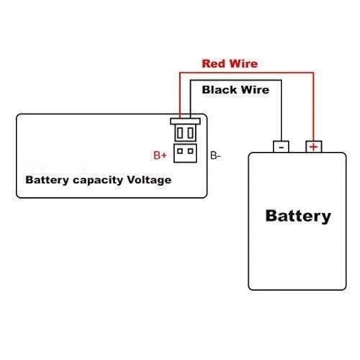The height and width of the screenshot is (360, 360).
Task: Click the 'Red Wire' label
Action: pyautogui.click(x=229, y=63)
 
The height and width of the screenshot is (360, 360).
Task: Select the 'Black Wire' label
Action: pyautogui.click(x=235, y=90)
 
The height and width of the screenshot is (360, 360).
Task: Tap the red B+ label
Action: pyautogui.click(x=160, y=155)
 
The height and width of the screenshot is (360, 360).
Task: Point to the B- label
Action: pyautogui.click(x=215, y=155)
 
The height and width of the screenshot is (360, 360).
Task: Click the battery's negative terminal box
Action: pyautogui.click(x=281, y=146)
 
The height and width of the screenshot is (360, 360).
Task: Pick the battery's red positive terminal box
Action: pyautogui.click(x=313, y=146)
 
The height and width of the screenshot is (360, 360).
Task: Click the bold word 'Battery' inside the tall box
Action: pyautogui.click(x=298, y=215)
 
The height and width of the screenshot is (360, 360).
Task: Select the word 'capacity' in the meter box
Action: pyautogui.click(x=96, y=179)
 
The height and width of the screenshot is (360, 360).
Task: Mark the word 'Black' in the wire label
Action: pyautogui.click(x=218, y=90)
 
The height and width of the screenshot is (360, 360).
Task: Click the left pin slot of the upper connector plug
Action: pyautogui.click(x=180, y=133)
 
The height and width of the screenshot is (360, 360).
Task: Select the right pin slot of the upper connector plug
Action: pyautogui.click(x=190, y=133)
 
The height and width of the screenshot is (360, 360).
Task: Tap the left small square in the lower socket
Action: pyautogui.click(x=180, y=151)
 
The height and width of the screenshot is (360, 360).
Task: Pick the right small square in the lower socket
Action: pyautogui.click(x=190, y=151)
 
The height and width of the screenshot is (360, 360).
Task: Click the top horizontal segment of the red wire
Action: pyautogui.click(x=245, y=72)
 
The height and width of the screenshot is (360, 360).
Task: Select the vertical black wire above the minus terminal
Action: pyautogui.click(x=281, y=108)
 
